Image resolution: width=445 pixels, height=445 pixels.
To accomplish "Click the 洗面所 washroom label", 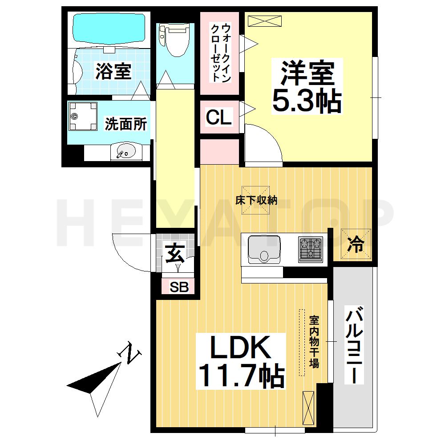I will click(x=125, y=124).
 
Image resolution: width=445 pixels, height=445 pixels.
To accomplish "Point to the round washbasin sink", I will click(x=125, y=153).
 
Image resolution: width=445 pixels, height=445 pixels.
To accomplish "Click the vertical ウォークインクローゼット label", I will click(x=221, y=53).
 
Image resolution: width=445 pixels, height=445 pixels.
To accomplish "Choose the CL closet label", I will click(x=219, y=117).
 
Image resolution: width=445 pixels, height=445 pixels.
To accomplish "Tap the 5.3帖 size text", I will click(x=307, y=102).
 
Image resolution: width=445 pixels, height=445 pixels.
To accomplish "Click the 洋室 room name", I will click(x=307, y=73).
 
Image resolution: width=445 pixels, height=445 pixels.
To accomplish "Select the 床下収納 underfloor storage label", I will click(x=256, y=200).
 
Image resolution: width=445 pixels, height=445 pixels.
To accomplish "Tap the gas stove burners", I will click(x=311, y=249).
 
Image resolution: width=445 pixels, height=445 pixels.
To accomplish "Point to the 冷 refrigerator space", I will click(x=356, y=244).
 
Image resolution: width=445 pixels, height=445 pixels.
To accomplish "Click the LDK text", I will click(x=240, y=348).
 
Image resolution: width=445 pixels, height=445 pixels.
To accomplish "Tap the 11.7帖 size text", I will click(x=240, y=376).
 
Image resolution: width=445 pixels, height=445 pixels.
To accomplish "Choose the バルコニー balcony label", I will click(x=354, y=345).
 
